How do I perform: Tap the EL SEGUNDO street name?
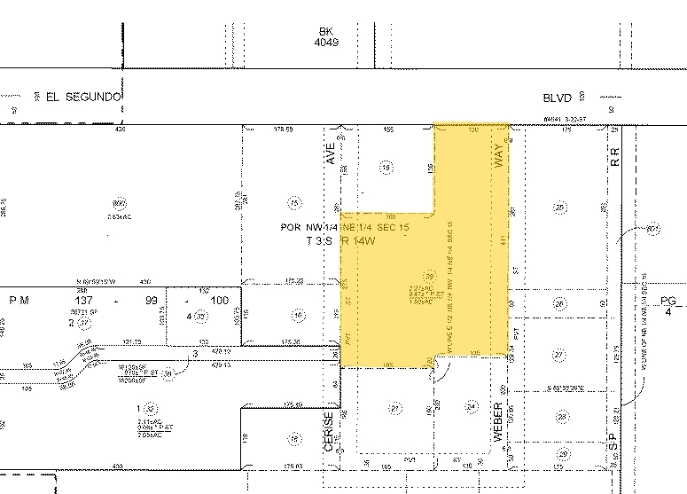pos(75,98)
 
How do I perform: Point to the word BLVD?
pos(559,98)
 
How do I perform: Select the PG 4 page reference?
pos(668,307)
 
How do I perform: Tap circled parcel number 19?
pos(385,166)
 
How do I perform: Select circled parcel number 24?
pos(472,408)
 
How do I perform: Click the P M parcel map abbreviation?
pos(19,301)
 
